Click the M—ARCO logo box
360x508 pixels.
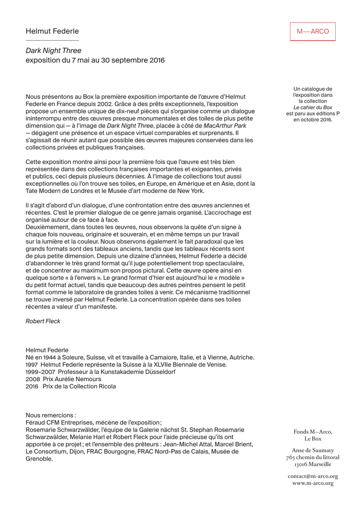(313, 31)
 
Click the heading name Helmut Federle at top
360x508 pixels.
(52, 31)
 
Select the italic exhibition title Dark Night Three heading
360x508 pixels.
(54, 51)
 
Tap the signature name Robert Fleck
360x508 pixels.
(43, 321)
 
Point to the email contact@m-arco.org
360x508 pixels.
(313, 476)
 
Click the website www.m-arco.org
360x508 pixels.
(313, 483)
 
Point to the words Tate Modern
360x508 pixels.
(43, 191)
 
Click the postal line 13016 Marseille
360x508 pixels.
(313, 464)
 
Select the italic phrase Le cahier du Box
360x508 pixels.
(313, 107)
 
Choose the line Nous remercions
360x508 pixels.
(51, 415)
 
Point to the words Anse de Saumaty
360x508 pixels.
(313, 450)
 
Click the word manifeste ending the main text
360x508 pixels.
(101, 307)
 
